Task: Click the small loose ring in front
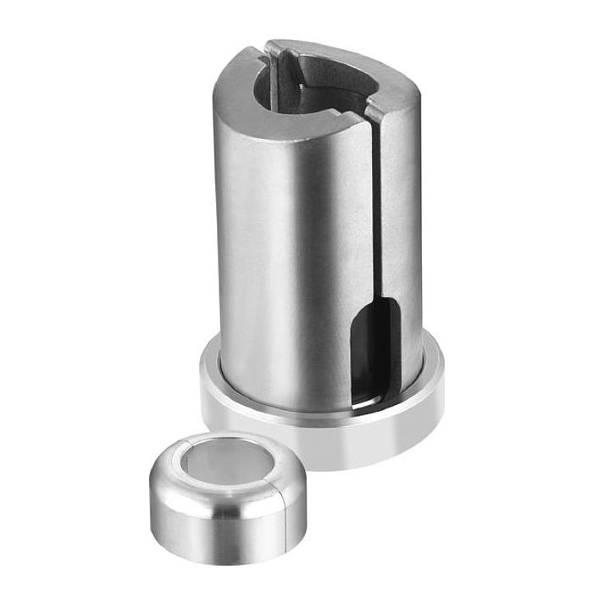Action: [x=224, y=490]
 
